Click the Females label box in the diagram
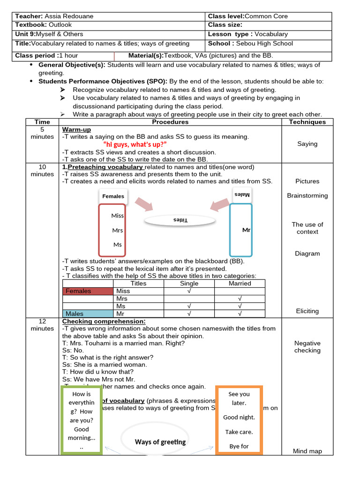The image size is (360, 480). tap(113, 196)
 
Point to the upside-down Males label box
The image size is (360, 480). tap(242, 195)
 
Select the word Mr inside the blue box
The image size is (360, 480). tap(247, 230)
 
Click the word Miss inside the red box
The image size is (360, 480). tap(118, 216)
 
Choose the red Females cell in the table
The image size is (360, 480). tap(88, 291)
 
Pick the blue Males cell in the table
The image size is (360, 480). tap(88, 314)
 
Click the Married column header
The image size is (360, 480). tap(240, 284)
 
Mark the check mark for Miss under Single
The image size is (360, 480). tap(189, 291)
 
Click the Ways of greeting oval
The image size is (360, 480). tap(160, 442)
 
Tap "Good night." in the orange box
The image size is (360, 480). tap(239, 417)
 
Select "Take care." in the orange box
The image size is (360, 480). tap(239, 432)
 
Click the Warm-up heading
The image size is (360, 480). tap(76, 129)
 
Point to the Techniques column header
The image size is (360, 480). tap(307, 122)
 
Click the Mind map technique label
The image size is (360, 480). tap(307, 451)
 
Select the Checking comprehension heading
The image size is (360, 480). tap(104, 321)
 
